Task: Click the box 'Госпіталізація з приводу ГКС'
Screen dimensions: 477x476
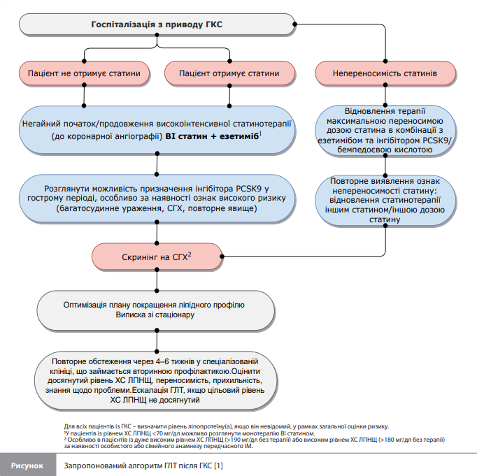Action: point(157,24)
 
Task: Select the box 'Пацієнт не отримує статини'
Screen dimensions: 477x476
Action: point(84,73)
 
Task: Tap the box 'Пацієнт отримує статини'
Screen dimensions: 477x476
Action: point(229,73)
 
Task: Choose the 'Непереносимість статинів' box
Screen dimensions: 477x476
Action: point(385,73)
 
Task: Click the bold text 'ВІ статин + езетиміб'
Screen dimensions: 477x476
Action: point(212,136)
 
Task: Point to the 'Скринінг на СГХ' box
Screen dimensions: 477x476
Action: point(157,257)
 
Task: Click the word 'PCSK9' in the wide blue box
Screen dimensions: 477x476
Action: point(248,189)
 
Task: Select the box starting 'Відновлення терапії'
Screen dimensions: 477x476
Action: point(385,131)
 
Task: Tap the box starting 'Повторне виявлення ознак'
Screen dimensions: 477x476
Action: point(385,201)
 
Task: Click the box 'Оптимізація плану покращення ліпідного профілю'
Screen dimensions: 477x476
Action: point(156,310)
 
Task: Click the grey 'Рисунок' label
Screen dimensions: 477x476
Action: point(27,466)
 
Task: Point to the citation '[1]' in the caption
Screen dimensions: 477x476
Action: point(218,466)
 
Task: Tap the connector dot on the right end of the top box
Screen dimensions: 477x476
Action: point(294,24)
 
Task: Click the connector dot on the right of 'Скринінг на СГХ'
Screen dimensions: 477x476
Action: point(222,257)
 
